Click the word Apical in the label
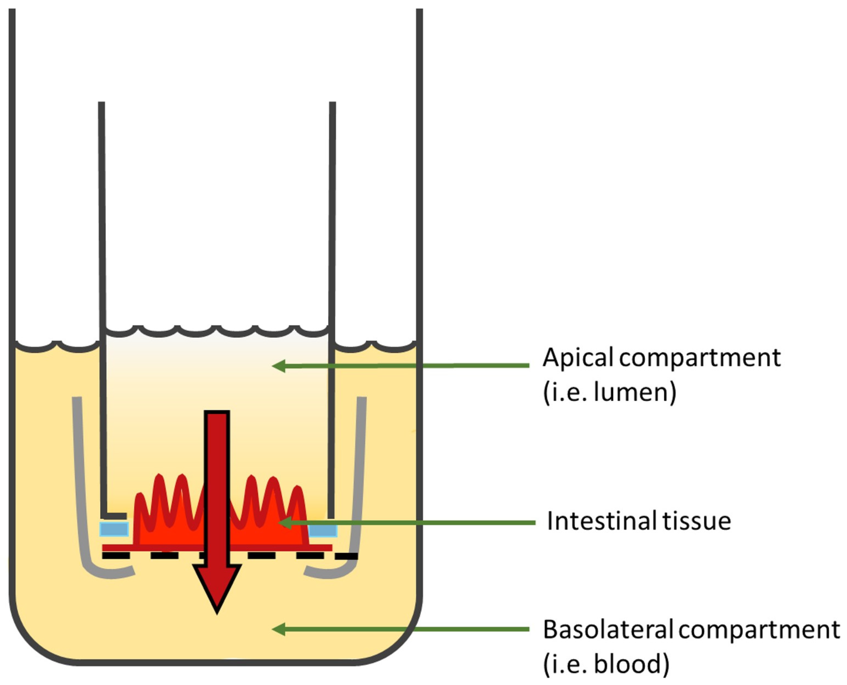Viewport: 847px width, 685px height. (x=578, y=358)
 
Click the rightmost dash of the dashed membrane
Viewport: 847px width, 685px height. (x=347, y=556)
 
